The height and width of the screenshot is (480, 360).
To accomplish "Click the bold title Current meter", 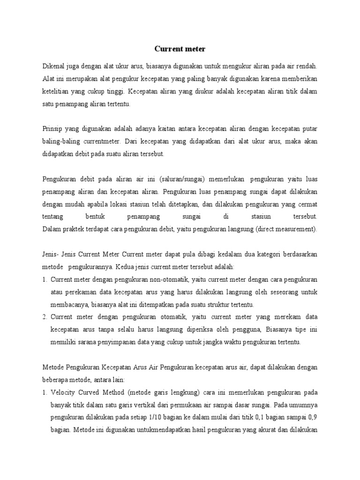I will coord(180,48).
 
